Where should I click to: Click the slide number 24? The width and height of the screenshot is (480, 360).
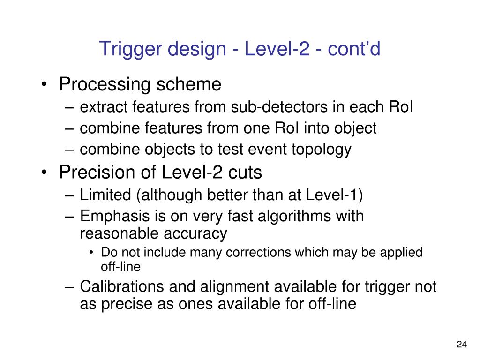point(461,345)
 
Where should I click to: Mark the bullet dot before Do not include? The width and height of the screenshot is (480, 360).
point(91,253)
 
